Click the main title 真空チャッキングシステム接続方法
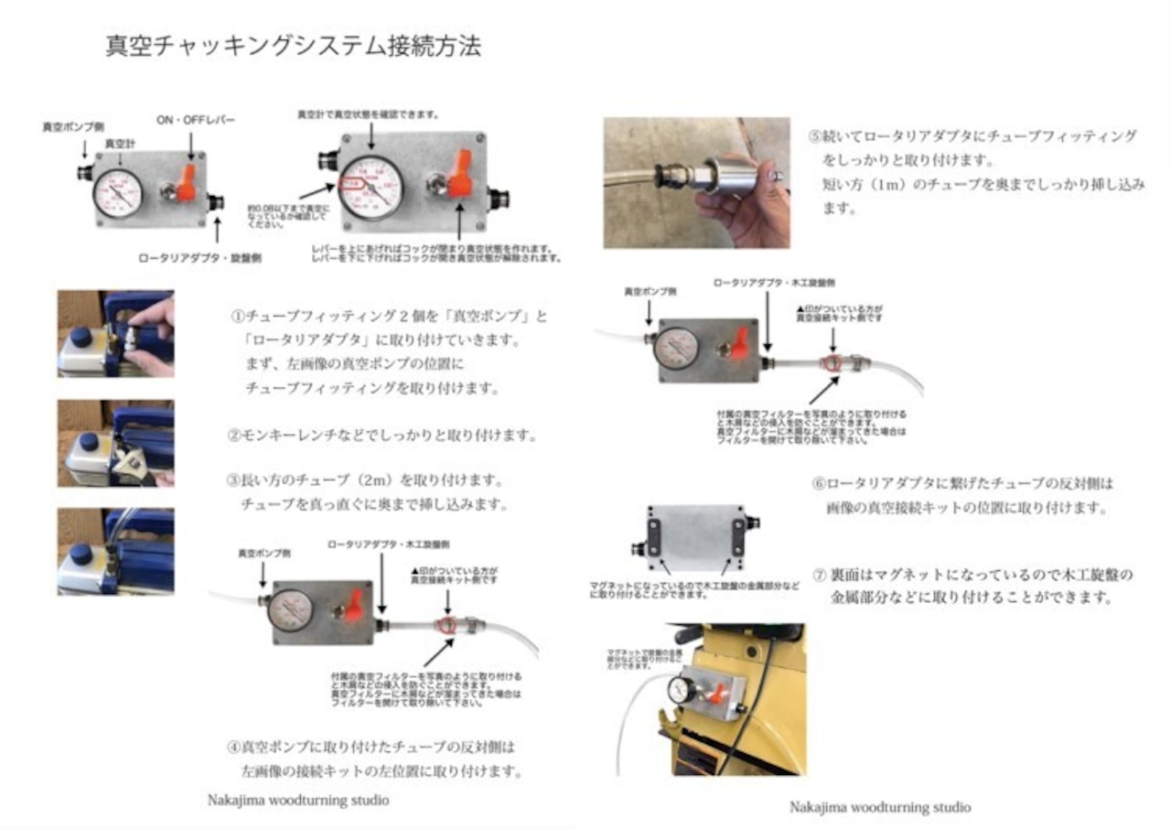pos(293,46)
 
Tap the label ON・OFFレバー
pos(196,120)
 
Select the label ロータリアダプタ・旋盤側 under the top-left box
pos(199,258)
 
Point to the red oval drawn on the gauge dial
pos(352,183)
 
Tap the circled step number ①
pos(236,317)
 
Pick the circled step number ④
pos(233,747)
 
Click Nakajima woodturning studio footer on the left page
pos(298,800)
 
